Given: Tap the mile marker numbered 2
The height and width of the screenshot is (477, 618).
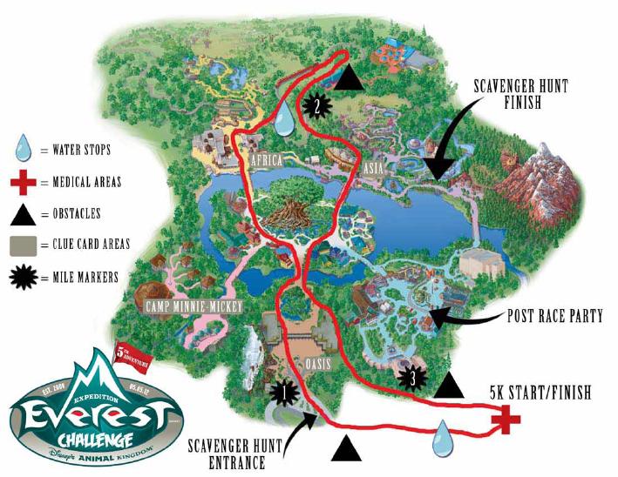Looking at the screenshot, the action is (316, 106).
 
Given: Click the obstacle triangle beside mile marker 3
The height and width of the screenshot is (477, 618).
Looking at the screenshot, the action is (449, 384).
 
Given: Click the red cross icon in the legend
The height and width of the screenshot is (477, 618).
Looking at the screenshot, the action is (23, 183).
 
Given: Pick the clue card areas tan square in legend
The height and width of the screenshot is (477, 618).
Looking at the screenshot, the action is (23, 245).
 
